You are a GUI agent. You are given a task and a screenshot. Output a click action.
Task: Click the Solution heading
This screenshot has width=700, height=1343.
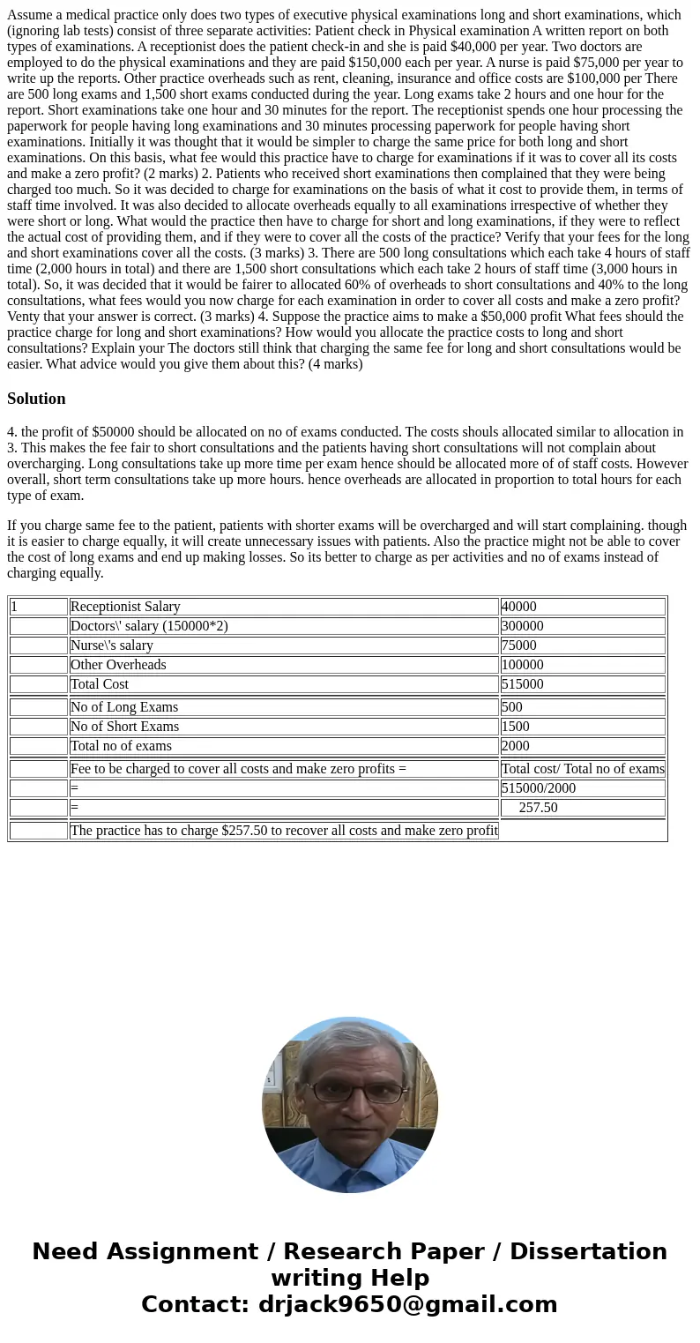[x=36, y=399]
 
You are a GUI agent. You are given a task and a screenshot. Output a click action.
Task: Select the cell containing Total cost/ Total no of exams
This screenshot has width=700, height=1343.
[x=582, y=769]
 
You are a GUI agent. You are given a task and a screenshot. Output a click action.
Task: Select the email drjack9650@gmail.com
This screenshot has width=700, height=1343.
[x=407, y=1305]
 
